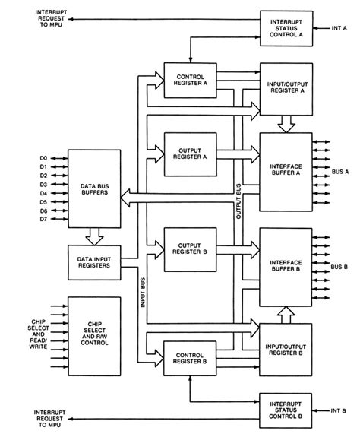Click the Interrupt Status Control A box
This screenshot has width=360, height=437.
tap(286, 28)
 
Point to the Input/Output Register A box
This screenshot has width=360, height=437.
tap(286, 82)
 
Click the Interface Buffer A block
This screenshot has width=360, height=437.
tap(286, 172)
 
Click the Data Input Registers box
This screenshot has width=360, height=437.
tap(94, 263)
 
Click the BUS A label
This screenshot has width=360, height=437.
tap(342, 173)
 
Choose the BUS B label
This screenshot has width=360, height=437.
tap(342, 267)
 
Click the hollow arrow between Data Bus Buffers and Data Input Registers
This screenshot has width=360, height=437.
tap(94, 236)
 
